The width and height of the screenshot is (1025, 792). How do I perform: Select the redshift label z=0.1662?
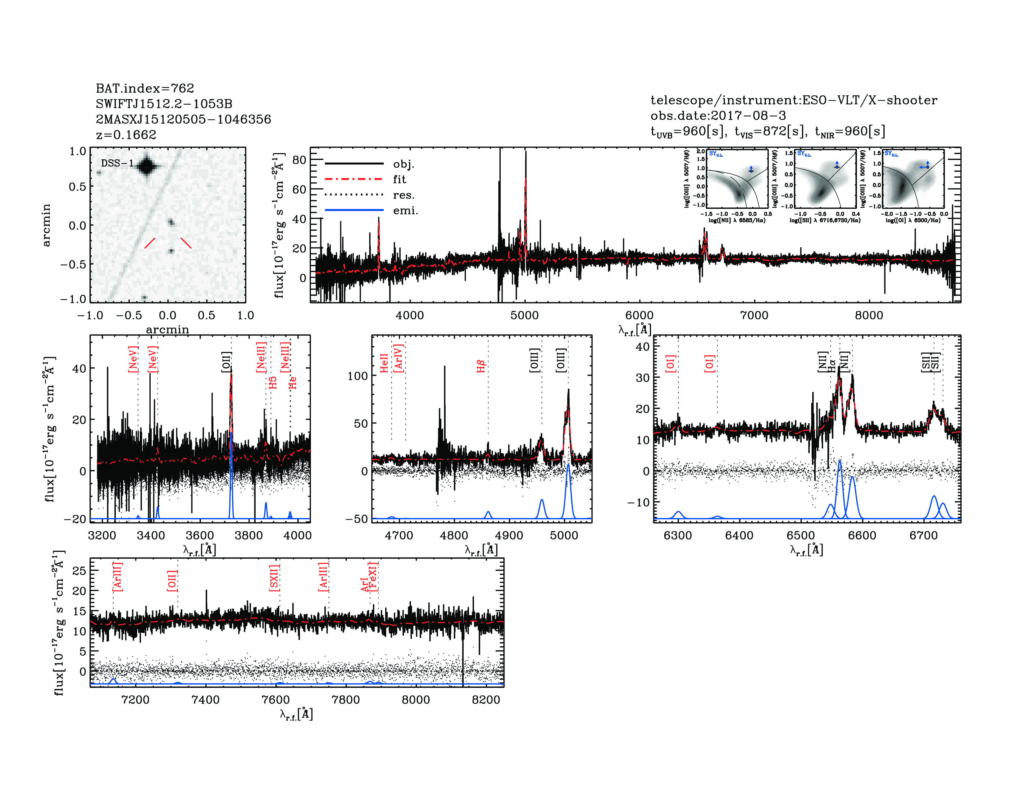pos(126,135)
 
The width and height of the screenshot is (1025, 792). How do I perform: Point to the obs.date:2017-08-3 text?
pos(718,116)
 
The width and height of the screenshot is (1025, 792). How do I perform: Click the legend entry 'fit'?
pos(399,179)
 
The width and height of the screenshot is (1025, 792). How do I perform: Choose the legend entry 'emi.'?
pos(405,211)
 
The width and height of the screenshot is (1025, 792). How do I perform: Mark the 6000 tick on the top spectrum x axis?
pos(639,315)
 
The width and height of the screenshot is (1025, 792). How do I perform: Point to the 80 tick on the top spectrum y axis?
pos(299,160)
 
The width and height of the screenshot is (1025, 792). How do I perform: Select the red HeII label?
pos(384,363)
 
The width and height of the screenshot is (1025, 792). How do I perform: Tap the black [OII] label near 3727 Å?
pos(226,362)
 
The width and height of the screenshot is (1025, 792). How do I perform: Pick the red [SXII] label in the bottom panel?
pos(274,578)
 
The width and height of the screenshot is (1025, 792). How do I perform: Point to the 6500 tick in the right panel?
pos(801,536)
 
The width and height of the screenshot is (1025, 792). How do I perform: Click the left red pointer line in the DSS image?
pos(150,243)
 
